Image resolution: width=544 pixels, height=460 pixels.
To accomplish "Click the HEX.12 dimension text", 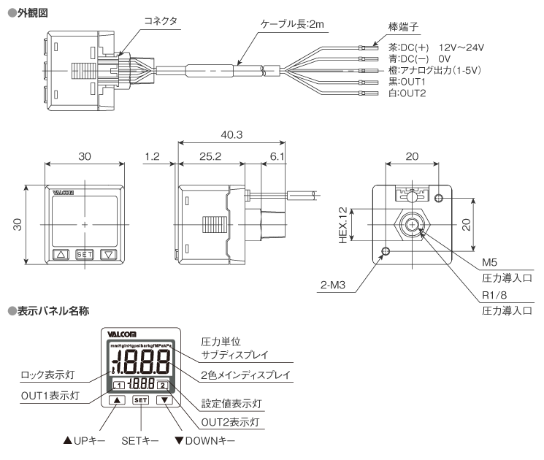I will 342,225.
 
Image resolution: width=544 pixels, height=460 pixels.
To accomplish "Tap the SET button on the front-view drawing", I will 85,255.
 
